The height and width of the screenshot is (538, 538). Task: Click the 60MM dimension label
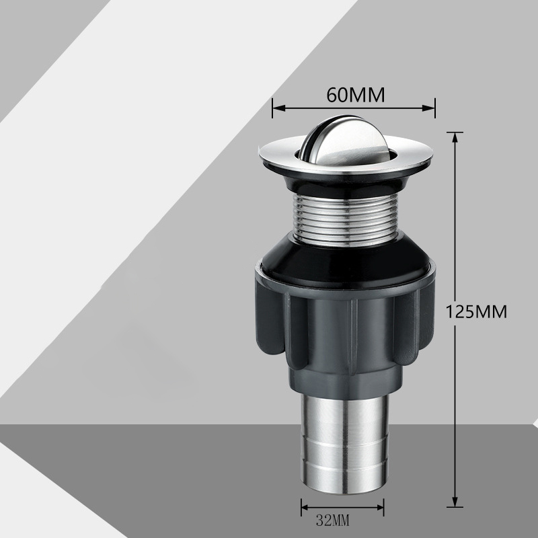tap(356, 95)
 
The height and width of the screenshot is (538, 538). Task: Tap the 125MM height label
tap(476, 312)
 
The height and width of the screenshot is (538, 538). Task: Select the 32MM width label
tap(332, 521)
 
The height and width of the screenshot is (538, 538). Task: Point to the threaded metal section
tap(346, 220)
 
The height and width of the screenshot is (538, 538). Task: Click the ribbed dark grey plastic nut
tap(345, 330)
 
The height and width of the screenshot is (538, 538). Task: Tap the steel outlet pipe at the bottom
tap(345, 444)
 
